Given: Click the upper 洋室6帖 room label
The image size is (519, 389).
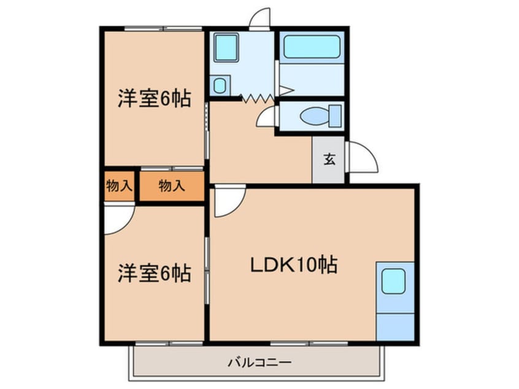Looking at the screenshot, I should (154, 99).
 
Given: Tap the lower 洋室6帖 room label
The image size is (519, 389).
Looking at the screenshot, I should (154, 272).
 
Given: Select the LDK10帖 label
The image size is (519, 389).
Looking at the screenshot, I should (294, 265).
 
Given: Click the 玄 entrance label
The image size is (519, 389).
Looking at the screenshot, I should (329, 160).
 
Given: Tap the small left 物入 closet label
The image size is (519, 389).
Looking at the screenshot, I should (118, 186).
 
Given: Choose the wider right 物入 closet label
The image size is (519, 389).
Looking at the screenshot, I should (171, 186).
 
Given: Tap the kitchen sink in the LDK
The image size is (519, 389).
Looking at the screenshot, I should (393, 282).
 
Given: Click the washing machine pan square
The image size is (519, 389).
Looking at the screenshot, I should (226, 48).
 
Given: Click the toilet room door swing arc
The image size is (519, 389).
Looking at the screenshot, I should (267, 117).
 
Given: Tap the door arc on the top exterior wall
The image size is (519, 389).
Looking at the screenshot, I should (259, 18).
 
